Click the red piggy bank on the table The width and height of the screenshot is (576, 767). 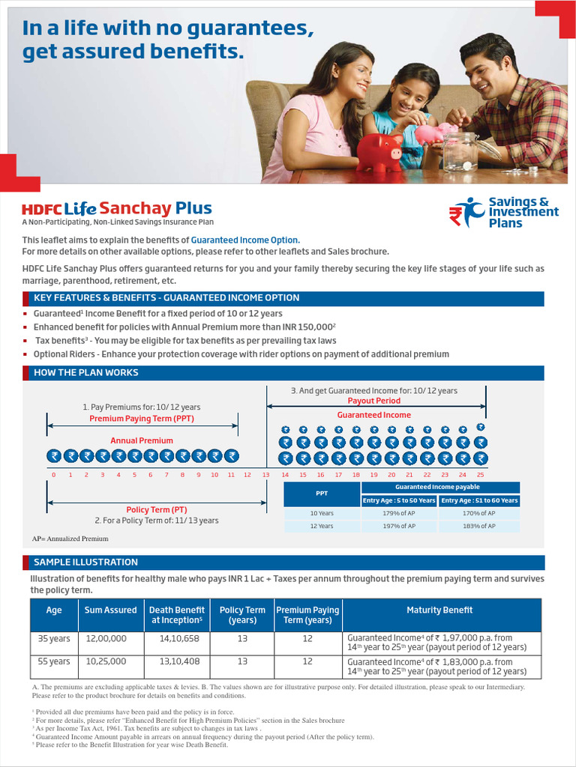[x=379, y=152]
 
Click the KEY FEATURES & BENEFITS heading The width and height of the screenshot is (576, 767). [x=166, y=298]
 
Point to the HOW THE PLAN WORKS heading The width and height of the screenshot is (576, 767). [x=86, y=372]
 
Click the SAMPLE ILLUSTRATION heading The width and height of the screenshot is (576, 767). [x=85, y=562]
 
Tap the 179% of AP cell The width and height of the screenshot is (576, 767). [x=398, y=513]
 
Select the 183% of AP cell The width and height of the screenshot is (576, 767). [x=478, y=526]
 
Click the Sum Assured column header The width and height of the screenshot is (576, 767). [x=110, y=610]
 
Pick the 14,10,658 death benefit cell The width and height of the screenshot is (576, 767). [x=174, y=638]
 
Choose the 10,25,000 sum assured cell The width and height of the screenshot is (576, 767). [x=106, y=661]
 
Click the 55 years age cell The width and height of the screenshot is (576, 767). [x=54, y=661]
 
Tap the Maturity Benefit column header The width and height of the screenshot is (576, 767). [x=439, y=610]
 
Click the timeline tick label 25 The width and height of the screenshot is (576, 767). [x=480, y=475]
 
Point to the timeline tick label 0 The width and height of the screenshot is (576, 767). [x=53, y=475]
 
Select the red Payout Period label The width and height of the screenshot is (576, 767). [x=373, y=401]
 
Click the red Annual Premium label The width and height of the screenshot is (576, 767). [x=142, y=440]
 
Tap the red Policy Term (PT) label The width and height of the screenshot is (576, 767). [x=157, y=509]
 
